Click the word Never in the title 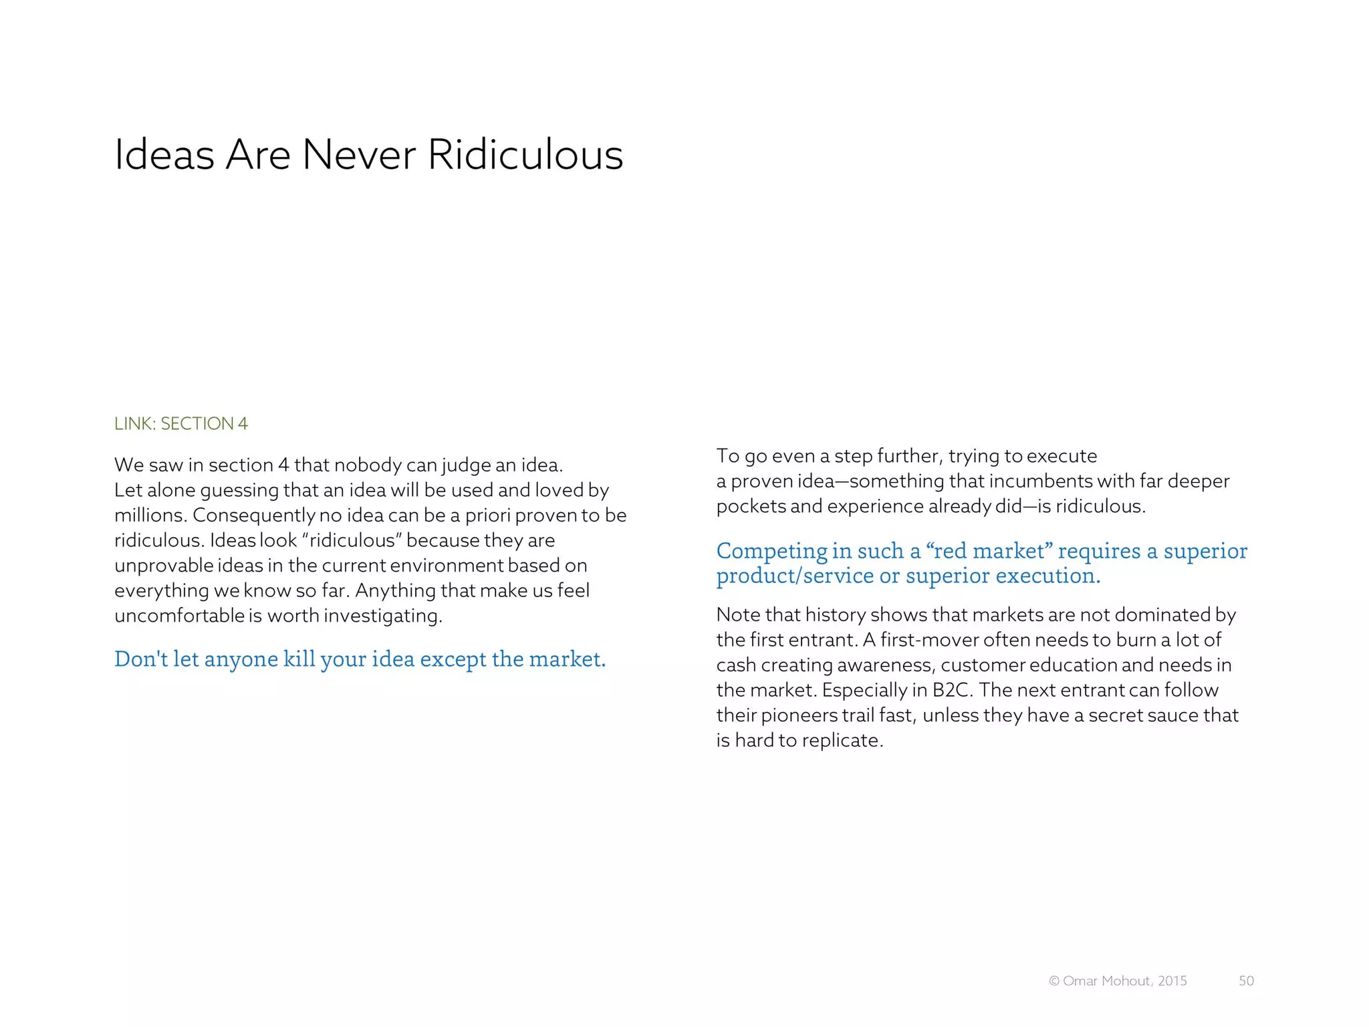[x=359, y=155]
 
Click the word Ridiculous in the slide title [x=525, y=155]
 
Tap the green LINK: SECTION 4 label [x=180, y=424]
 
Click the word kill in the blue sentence [x=298, y=659]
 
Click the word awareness [x=881, y=665]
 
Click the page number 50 [x=1246, y=981]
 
